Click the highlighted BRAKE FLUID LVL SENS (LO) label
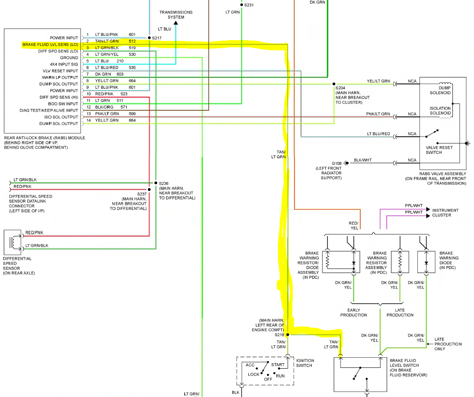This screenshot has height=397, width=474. point(50,44)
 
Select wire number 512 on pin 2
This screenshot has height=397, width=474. point(132,41)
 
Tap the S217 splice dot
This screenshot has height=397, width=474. point(149,38)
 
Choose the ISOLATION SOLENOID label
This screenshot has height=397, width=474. point(440,111)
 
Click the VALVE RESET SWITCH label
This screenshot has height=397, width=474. point(439,150)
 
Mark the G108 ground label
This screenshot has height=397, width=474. point(336,163)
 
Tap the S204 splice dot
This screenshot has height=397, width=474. point(334,84)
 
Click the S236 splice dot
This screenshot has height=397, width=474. point(156,183)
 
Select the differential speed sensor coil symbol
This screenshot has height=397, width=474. point(13,242)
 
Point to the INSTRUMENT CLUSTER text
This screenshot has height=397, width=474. point(445,212)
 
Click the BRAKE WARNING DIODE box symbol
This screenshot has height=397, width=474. point(426,263)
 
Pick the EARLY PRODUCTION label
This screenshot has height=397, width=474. point(354,313)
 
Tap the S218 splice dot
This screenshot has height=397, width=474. point(287,334)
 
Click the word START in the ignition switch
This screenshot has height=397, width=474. point(278,364)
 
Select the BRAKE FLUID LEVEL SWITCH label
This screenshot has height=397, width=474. point(404,367)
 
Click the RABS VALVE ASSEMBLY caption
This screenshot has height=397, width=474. point(442,178)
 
